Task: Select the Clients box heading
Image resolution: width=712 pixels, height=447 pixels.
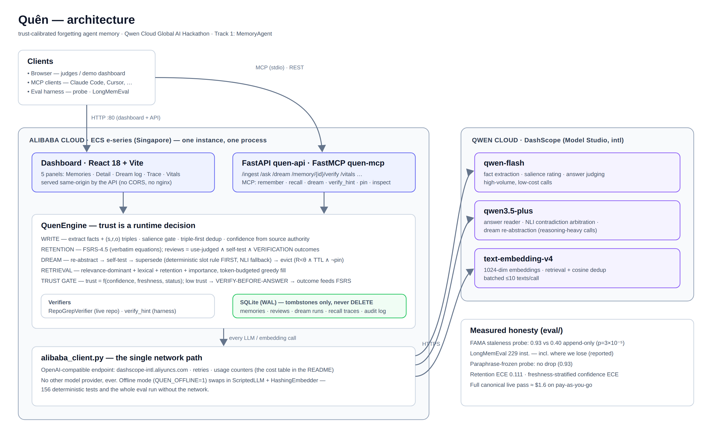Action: (x=40, y=61)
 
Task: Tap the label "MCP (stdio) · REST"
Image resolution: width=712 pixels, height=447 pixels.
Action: (x=279, y=67)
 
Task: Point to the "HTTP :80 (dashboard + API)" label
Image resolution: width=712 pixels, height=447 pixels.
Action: (x=126, y=118)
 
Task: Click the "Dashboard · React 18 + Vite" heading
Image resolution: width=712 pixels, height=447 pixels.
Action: (x=92, y=163)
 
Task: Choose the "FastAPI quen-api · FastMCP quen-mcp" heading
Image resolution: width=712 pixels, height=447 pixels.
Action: (x=313, y=163)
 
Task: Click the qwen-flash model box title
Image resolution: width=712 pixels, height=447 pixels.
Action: (x=504, y=163)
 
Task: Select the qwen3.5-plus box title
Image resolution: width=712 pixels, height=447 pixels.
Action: (x=508, y=211)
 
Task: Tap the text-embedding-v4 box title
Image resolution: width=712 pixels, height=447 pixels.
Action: (x=518, y=259)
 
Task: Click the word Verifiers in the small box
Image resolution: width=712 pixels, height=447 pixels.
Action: (x=59, y=302)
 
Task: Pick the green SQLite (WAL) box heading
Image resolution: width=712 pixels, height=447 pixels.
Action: (x=306, y=302)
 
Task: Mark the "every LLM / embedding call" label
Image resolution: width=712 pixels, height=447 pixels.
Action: (x=262, y=338)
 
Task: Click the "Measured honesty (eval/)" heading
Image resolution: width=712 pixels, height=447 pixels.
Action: (x=516, y=330)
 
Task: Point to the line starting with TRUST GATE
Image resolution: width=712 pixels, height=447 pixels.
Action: (x=196, y=281)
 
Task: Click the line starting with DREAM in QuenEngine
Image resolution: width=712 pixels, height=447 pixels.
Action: (x=192, y=260)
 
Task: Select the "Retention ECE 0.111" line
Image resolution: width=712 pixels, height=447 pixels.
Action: (x=544, y=374)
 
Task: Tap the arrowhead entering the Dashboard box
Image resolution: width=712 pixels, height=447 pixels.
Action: (x=87, y=148)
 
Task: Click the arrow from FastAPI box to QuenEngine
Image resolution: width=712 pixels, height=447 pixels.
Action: (x=324, y=203)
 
